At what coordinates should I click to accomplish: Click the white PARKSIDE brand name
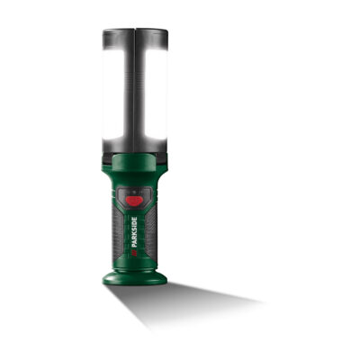tap(135, 232)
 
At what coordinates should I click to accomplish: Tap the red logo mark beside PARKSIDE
tap(135, 252)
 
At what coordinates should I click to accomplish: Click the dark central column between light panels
tap(135, 90)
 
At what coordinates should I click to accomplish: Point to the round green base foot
tap(135, 276)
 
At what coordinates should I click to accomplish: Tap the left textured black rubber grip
tap(119, 231)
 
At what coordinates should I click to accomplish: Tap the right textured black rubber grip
tap(151, 231)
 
